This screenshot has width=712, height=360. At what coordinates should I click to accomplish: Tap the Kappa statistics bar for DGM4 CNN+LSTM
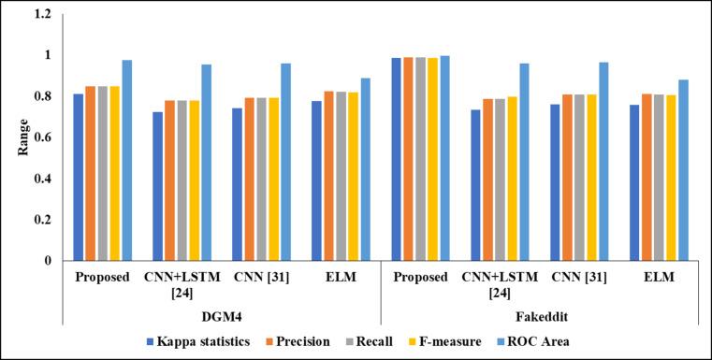[x=157, y=186]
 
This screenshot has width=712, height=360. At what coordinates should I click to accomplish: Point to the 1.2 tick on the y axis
[x=43, y=15]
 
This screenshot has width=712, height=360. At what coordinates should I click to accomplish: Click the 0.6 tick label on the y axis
[x=43, y=137]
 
